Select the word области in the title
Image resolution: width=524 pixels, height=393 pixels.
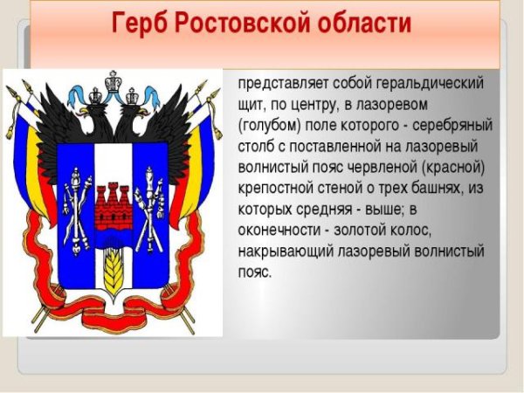click(364, 22)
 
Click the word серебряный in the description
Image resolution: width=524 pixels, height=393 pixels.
click(452, 125)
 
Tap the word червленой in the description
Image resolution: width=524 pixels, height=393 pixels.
click(382, 167)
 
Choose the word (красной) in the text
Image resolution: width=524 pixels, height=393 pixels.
click(452, 168)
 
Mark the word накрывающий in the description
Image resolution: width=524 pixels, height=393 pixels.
click(286, 252)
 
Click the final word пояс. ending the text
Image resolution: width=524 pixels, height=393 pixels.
click(254, 272)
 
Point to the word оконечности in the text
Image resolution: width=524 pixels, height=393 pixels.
click(279, 231)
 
